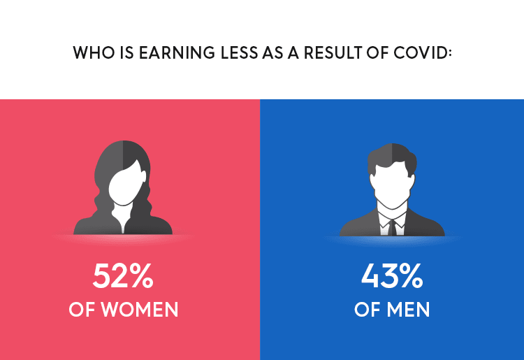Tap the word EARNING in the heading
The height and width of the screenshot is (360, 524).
[x=177, y=53]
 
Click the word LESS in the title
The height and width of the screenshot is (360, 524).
[x=239, y=53]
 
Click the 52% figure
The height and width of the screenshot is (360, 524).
[x=123, y=275]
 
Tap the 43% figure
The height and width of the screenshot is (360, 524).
[x=392, y=275]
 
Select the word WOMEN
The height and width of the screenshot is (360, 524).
[x=140, y=310]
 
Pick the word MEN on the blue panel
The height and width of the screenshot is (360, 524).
[x=408, y=310]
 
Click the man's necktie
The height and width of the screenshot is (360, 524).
[x=392, y=228]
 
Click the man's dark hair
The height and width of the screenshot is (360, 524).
[x=392, y=157]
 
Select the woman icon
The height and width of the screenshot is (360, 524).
[x=123, y=187]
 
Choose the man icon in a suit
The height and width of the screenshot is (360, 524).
[x=392, y=189]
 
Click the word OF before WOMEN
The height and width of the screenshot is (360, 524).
[x=82, y=310]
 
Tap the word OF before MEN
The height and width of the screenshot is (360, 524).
[x=367, y=310]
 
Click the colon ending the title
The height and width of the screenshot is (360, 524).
[x=450, y=54]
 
